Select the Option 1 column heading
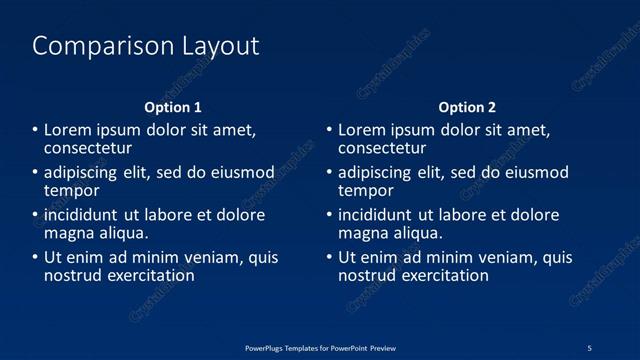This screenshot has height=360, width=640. (x=173, y=107)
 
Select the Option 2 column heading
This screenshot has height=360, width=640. (x=467, y=107)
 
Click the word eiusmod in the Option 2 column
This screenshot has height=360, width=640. (x=535, y=172)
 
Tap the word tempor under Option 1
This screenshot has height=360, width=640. (x=72, y=190)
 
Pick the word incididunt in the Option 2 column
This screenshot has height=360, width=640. (x=375, y=215)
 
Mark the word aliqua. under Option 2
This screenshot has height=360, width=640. (x=418, y=233)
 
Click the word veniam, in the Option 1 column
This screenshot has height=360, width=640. (x=210, y=257)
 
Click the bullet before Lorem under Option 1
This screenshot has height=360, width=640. (x=35, y=130)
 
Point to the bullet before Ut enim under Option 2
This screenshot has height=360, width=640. (x=329, y=257)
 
